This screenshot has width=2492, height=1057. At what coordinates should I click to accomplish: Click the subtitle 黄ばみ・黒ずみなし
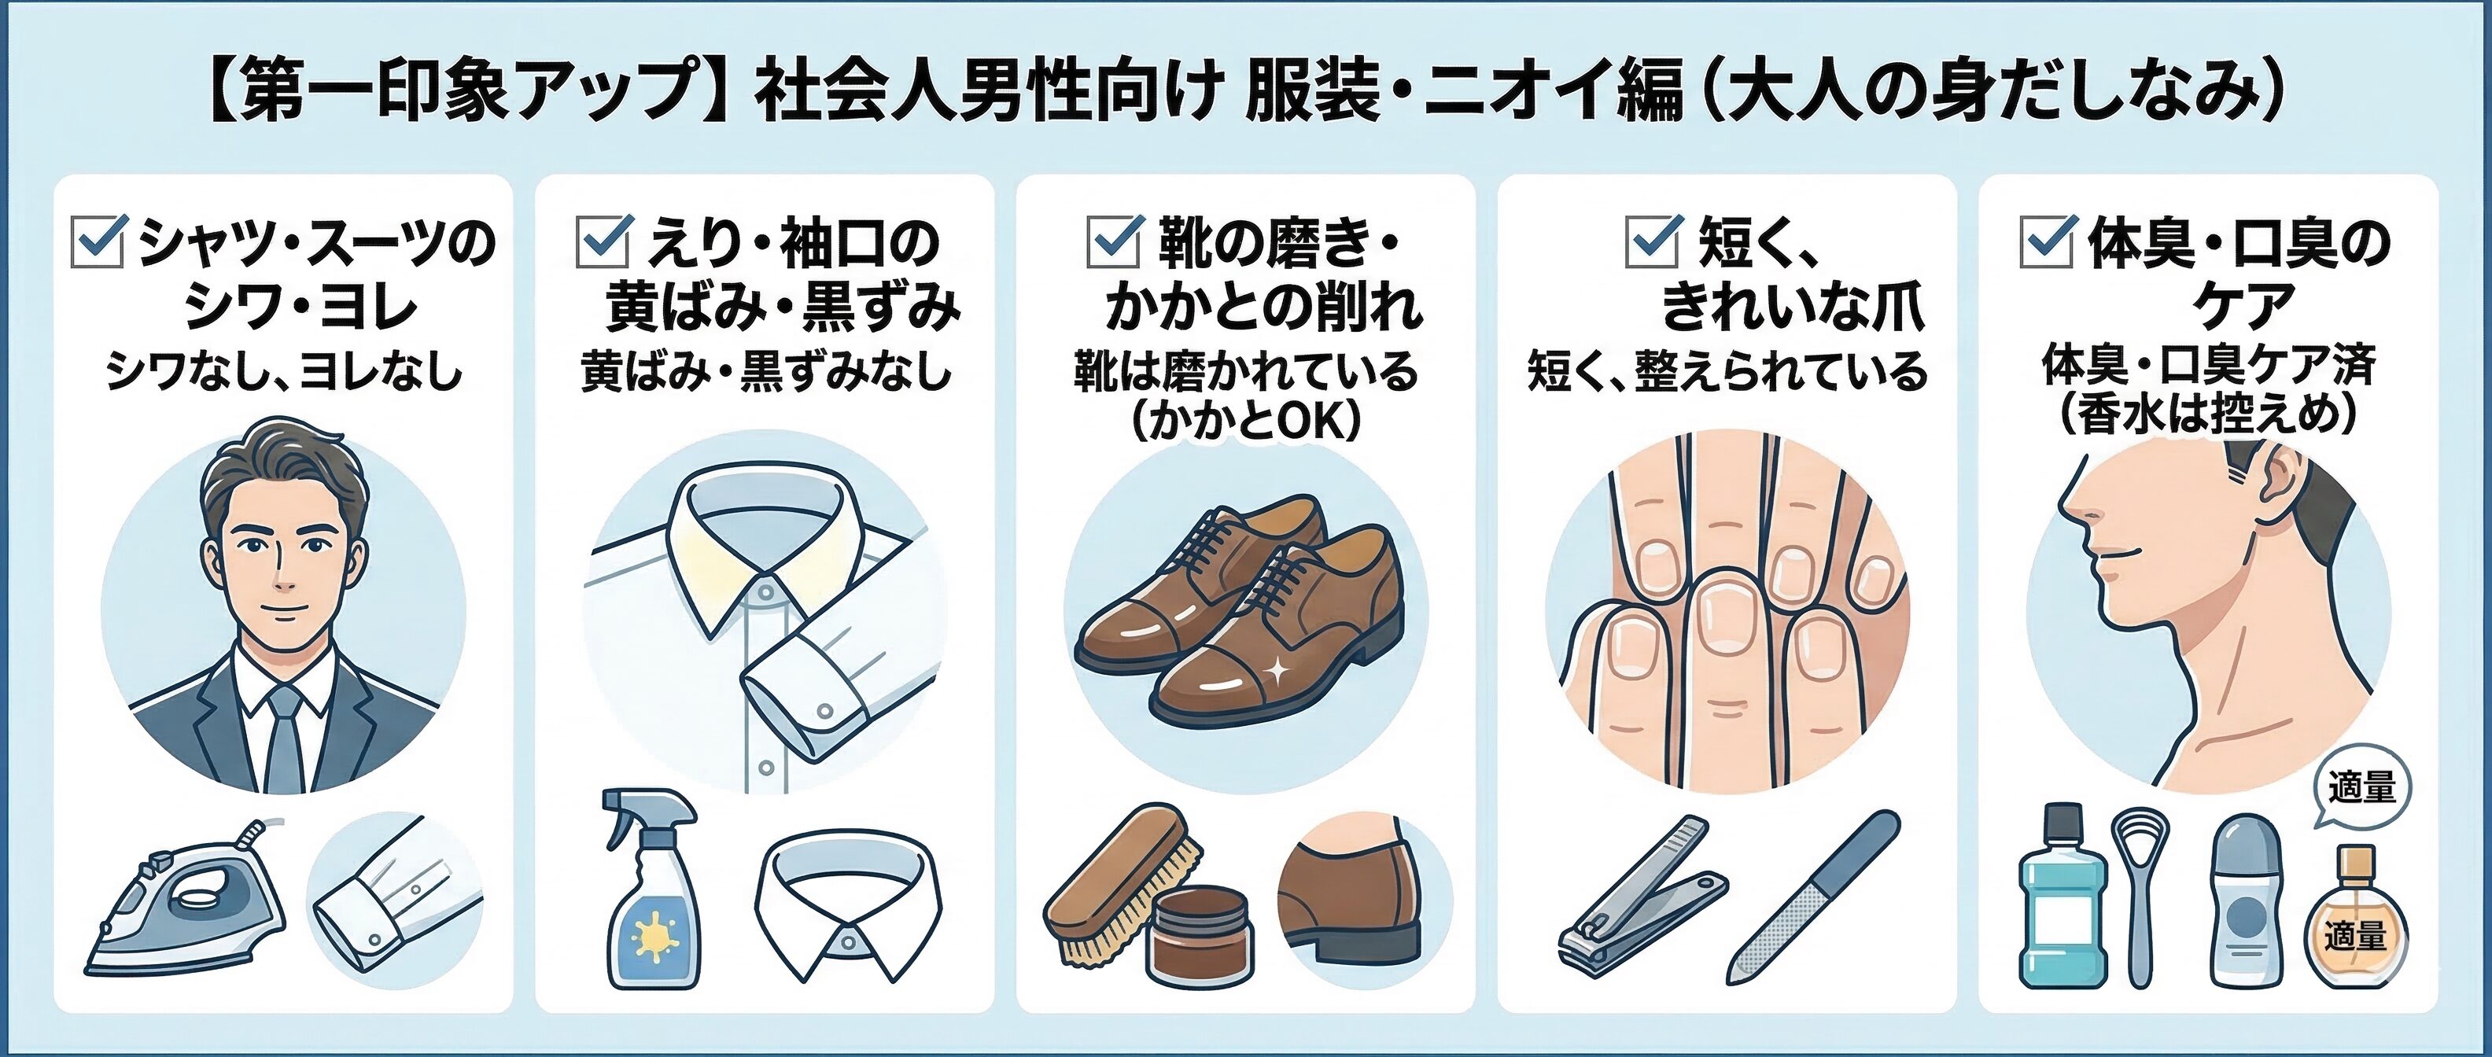pyautogui.click(x=765, y=371)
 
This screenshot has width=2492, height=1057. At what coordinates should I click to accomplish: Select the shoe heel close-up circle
pyautogui.click(x=1364, y=900)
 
